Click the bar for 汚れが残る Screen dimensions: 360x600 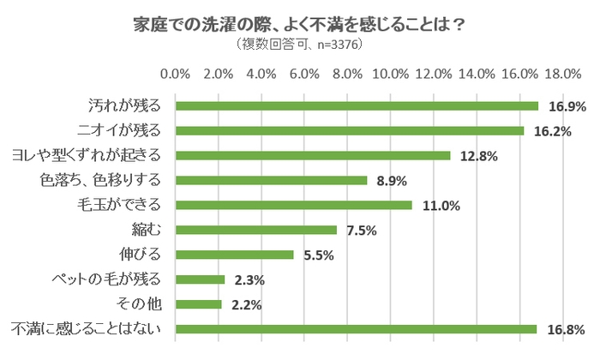[x=357, y=106]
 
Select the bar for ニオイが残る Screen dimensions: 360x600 [x=350, y=131]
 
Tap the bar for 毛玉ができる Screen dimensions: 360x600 [x=294, y=205]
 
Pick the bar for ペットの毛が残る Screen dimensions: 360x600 [x=201, y=279]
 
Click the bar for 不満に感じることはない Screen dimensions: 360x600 [x=356, y=328]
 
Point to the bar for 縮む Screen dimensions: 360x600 [x=256, y=230]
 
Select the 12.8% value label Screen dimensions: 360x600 [x=477, y=156]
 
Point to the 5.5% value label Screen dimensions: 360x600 [x=317, y=255]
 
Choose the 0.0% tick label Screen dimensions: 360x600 [x=176, y=75]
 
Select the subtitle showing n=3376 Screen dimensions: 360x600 [x=300, y=45]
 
